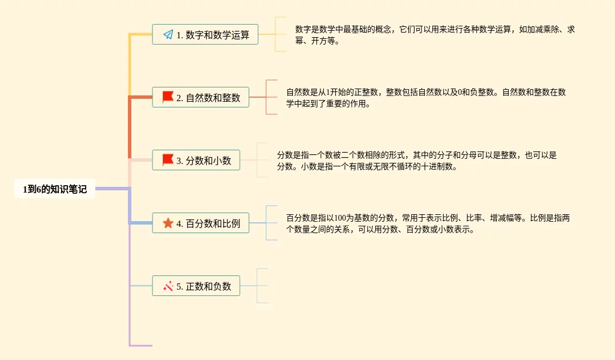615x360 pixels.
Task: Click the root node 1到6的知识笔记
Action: [55, 189]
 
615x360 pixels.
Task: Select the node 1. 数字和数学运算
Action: [205, 34]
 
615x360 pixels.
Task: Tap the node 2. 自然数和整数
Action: [200, 97]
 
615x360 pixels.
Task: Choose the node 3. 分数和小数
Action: [196, 161]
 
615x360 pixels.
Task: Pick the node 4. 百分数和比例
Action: [200, 223]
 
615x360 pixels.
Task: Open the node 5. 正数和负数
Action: [196, 286]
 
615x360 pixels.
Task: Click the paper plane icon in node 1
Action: [168, 34]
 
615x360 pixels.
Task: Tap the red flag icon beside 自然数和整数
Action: [168, 97]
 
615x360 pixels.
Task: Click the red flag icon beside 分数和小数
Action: [168, 160]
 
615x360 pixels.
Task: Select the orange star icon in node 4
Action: [168, 223]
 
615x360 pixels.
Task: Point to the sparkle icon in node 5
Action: [168, 286]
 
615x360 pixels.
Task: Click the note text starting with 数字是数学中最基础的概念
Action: [434, 35]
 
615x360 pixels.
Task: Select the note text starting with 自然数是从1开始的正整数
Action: [425, 98]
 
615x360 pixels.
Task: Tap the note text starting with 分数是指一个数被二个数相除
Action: [416, 161]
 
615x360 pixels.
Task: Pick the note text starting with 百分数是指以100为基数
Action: [428, 223]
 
